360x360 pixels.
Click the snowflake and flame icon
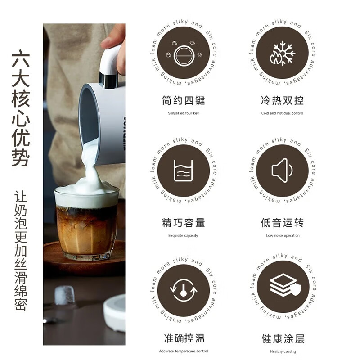(x=283, y=53)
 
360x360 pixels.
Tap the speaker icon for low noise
(x=283, y=171)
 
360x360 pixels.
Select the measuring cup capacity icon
(x=183, y=171)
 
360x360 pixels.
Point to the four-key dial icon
(x=183, y=53)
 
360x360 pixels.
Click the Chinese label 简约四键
(x=183, y=100)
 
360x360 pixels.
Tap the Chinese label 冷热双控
(x=283, y=100)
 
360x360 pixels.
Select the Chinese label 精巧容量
(x=183, y=222)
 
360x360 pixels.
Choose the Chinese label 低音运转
(x=283, y=222)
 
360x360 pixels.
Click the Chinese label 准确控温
(x=183, y=338)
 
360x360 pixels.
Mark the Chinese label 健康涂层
(x=283, y=338)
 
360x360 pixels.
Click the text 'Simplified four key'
(x=183, y=113)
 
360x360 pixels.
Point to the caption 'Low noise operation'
(x=283, y=235)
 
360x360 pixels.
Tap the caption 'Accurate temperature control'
(x=183, y=351)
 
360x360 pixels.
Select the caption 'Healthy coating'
(x=283, y=351)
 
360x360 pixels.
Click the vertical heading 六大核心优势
(x=21, y=110)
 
